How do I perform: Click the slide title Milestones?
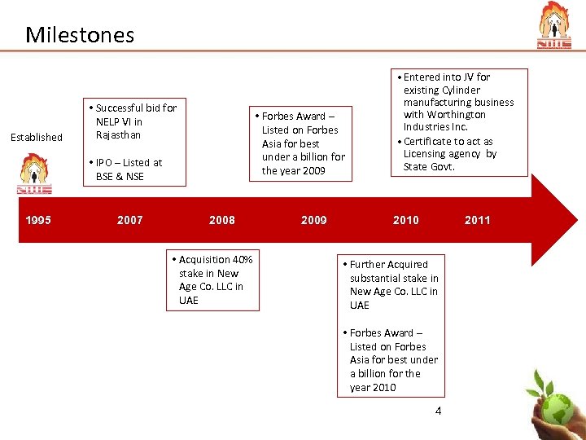(80, 35)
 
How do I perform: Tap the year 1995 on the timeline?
(38, 220)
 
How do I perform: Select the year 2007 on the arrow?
(130, 220)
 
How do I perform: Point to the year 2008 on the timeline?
(222, 220)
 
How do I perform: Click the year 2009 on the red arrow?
(314, 220)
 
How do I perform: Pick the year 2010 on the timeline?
(406, 220)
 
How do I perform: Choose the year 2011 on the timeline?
(478, 220)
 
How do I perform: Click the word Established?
(36, 138)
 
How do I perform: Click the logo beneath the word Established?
(34, 174)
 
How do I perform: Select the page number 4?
(438, 411)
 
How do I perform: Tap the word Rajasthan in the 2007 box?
(118, 135)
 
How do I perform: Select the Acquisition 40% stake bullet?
(214, 279)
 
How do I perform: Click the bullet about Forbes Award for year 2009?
(300, 143)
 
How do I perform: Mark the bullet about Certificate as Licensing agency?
(448, 154)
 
